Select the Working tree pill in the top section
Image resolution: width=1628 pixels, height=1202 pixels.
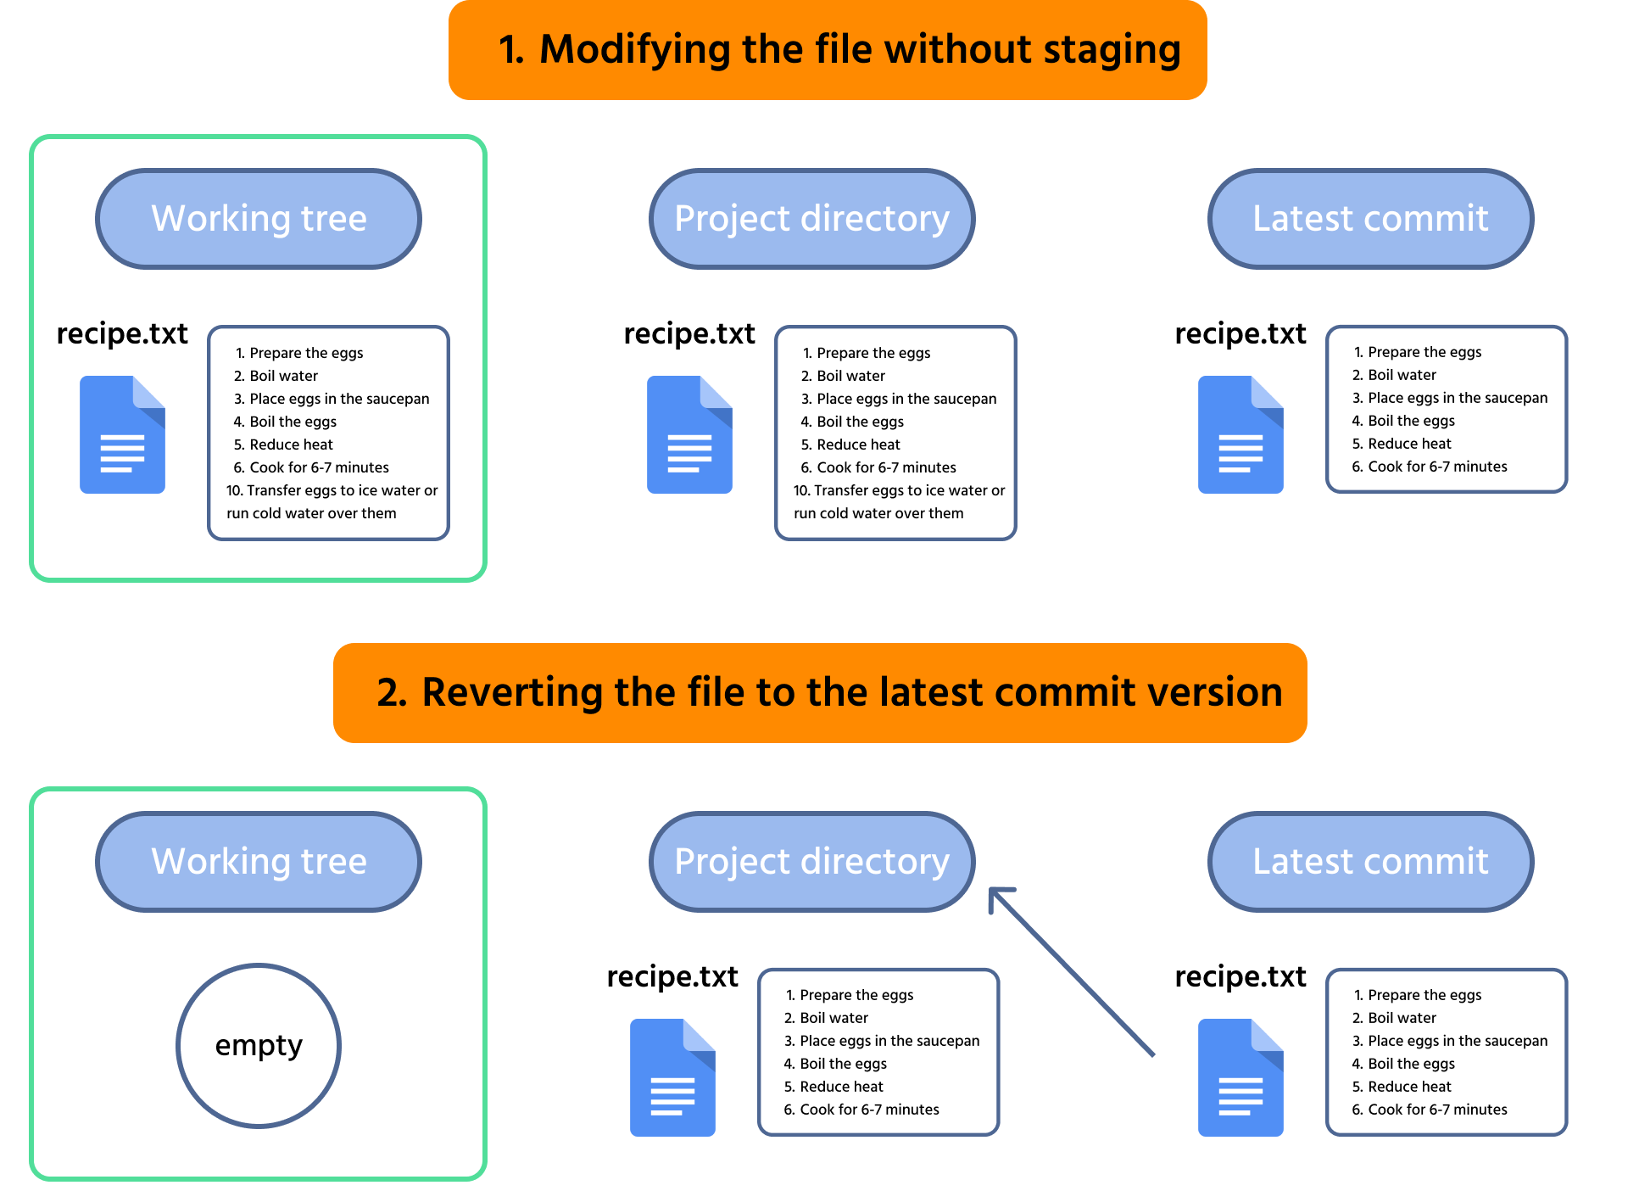(259, 219)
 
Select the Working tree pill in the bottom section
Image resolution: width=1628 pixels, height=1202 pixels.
(259, 862)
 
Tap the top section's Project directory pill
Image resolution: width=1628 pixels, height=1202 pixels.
(811, 219)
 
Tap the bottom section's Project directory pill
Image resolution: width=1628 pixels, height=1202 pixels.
(811, 862)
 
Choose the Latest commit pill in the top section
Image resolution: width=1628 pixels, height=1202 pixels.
(1370, 219)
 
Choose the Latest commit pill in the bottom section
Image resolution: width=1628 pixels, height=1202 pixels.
(1370, 862)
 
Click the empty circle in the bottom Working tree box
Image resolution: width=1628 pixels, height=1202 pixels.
(259, 1045)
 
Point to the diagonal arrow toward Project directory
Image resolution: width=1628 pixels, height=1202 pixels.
(1073, 972)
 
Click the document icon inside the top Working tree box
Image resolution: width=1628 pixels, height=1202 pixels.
(122, 434)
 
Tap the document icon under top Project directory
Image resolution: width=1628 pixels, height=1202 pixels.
(689, 434)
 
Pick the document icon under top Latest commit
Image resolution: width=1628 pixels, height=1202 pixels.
(1241, 434)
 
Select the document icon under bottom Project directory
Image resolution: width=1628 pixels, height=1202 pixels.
(672, 1077)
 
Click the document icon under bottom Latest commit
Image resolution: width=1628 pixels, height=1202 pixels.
(1241, 1077)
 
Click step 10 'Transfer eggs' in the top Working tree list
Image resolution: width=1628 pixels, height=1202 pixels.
(332, 491)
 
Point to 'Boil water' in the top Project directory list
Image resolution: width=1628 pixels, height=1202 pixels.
(850, 376)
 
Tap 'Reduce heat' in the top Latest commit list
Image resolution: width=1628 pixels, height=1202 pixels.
(1408, 444)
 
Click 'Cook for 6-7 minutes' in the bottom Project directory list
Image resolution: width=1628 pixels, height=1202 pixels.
(868, 1110)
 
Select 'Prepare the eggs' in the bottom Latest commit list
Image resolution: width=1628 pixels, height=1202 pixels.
(1424, 995)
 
